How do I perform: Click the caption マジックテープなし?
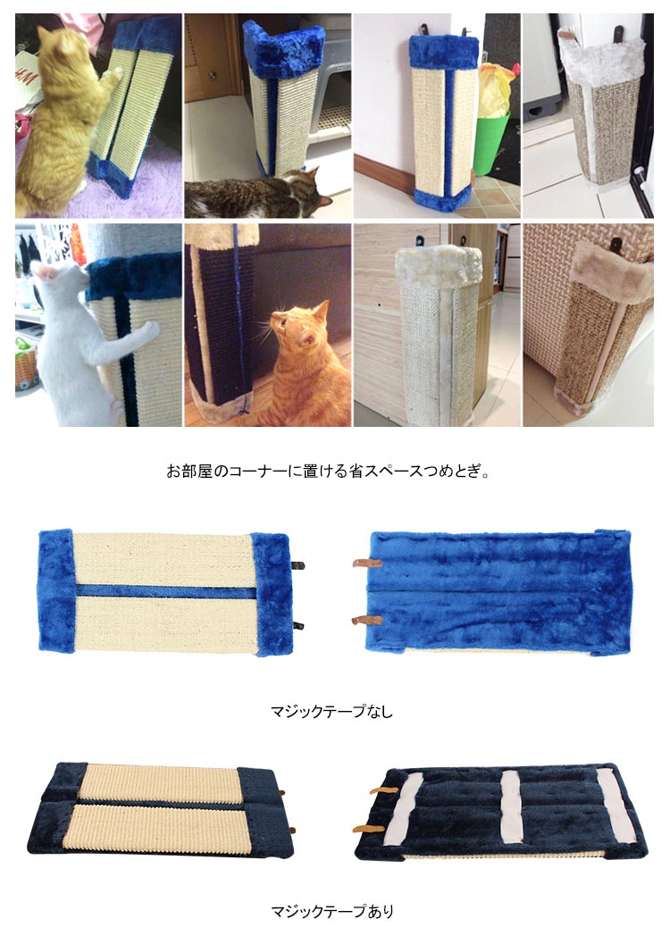pyautogui.click(x=331, y=711)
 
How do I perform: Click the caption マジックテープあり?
pyautogui.click(x=331, y=912)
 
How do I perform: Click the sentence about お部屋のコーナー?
pyautogui.click(x=328, y=471)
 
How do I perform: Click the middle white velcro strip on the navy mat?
pyautogui.click(x=510, y=808)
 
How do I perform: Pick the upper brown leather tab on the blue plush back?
pyautogui.click(x=367, y=564)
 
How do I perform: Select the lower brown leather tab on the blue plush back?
pyautogui.click(x=367, y=621)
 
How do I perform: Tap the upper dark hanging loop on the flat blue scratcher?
pyautogui.click(x=298, y=565)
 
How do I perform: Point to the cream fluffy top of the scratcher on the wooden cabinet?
pyautogui.click(x=438, y=265)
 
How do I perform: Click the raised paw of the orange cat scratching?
pyautogui.click(x=113, y=75)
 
